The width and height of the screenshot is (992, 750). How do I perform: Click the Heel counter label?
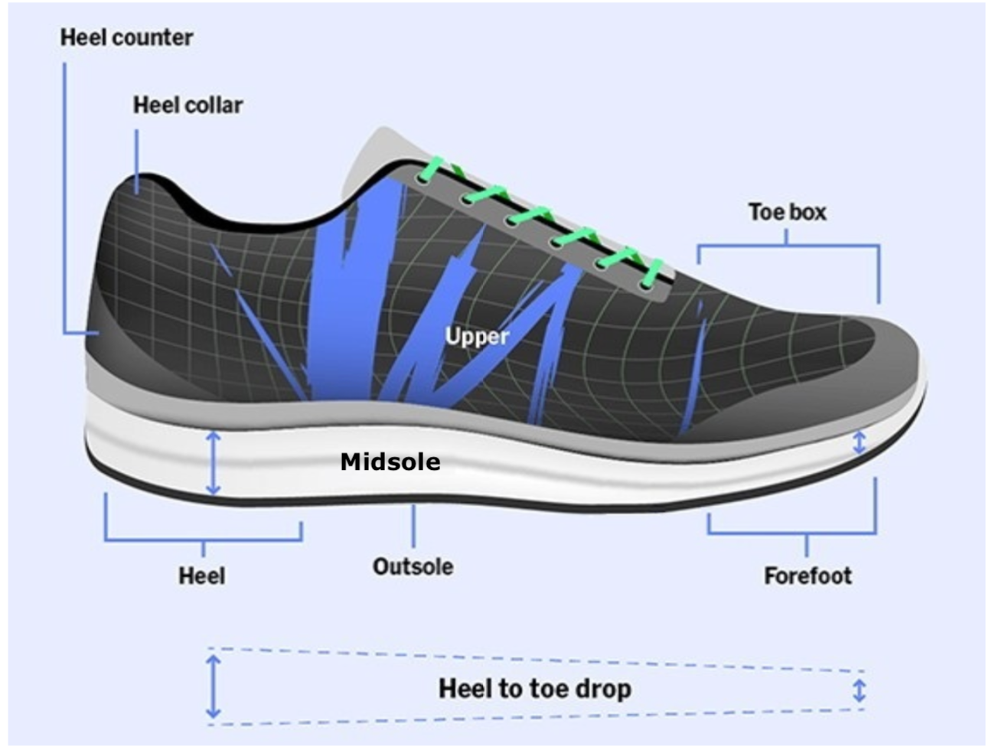click(126, 37)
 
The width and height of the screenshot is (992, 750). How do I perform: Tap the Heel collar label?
click(188, 105)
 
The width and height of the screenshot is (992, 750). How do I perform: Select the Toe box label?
click(787, 212)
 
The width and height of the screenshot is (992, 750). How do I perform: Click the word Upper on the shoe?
click(477, 336)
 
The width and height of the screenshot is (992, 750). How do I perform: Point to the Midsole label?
click(390, 462)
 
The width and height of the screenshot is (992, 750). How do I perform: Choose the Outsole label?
click(413, 566)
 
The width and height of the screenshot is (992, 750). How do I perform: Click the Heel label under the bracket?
click(202, 576)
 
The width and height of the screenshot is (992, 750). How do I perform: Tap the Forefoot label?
click(807, 576)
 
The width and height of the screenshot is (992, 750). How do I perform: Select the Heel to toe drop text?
click(535, 688)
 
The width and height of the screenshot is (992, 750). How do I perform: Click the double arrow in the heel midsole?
click(214, 463)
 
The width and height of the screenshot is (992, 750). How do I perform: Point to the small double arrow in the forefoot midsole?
click(860, 442)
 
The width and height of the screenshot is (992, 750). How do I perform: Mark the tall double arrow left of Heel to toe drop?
click(214, 686)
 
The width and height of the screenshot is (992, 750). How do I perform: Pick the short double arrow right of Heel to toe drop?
click(859, 690)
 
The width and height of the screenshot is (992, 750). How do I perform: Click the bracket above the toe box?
click(788, 245)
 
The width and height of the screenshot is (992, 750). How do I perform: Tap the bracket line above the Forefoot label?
click(792, 533)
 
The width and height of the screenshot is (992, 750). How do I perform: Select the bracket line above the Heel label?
click(203, 540)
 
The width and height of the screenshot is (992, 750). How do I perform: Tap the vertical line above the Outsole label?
click(413, 526)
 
